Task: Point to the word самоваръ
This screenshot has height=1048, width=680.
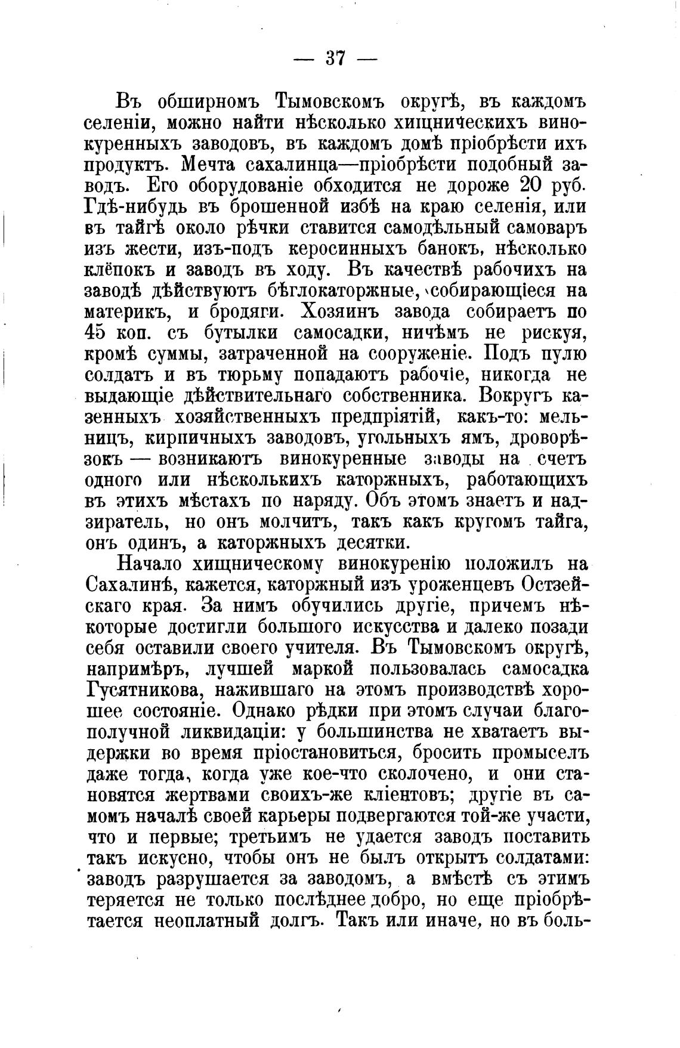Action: tap(540, 227)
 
